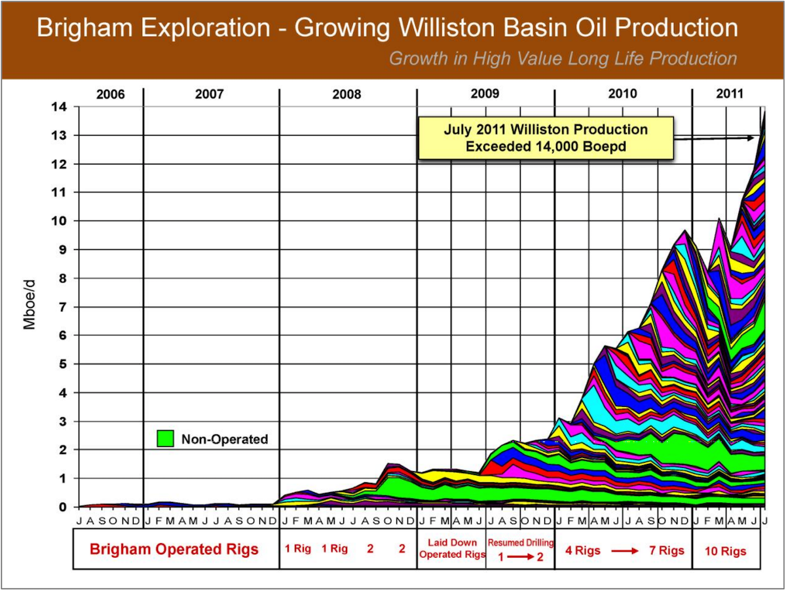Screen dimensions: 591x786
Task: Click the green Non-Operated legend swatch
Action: click(x=166, y=438)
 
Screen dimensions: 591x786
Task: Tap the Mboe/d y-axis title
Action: click(x=29, y=307)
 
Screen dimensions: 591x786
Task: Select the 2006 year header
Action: click(x=110, y=94)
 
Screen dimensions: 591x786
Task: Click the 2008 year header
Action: click(x=346, y=94)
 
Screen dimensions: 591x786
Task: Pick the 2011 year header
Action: click(x=728, y=94)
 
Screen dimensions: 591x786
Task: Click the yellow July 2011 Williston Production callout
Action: click(x=545, y=138)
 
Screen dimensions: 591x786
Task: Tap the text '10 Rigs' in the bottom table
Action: click(x=725, y=551)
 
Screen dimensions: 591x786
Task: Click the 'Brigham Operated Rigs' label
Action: click(x=174, y=549)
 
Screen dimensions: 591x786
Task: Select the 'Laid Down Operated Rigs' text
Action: click(x=452, y=548)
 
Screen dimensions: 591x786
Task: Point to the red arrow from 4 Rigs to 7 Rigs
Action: click(x=625, y=551)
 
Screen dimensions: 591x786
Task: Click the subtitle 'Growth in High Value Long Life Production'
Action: click(x=563, y=58)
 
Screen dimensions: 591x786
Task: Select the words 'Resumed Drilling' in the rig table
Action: click(x=521, y=542)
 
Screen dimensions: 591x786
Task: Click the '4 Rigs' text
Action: click(x=582, y=551)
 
